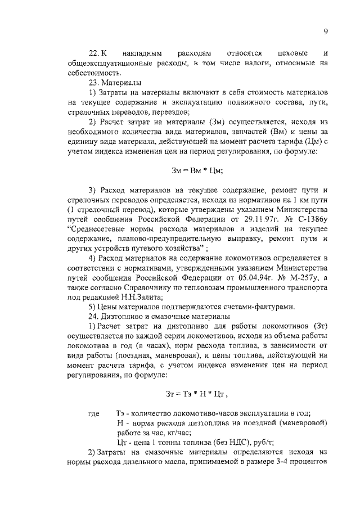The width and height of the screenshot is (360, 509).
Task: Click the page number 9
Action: click(326, 32)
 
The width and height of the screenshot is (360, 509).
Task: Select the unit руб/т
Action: click(260, 442)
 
